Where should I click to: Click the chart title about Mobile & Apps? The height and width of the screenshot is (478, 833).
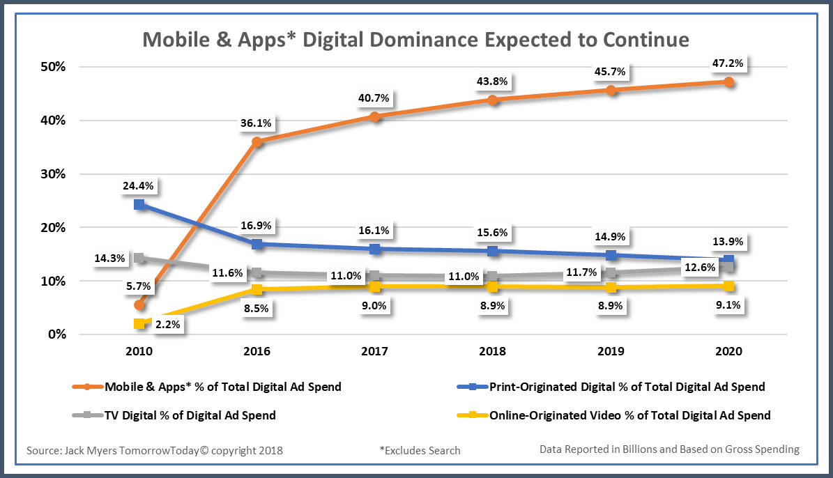tap(416, 38)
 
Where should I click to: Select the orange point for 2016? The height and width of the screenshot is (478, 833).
tap(257, 141)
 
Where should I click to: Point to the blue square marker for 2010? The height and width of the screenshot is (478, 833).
tap(139, 205)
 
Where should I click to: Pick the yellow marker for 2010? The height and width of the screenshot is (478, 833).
tap(139, 323)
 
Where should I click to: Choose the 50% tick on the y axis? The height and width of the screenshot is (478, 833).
tap(52, 68)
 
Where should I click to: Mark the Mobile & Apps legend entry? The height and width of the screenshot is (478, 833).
tap(222, 387)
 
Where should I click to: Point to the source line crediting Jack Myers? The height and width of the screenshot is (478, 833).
tap(155, 450)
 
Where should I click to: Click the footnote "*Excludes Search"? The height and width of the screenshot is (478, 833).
tap(420, 450)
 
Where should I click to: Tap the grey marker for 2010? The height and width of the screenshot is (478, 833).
tap(139, 259)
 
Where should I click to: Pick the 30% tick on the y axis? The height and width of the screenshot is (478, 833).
tap(52, 174)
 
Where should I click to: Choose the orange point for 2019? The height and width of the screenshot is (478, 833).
tap(611, 91)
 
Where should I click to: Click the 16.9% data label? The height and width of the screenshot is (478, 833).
tap(257, 226)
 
